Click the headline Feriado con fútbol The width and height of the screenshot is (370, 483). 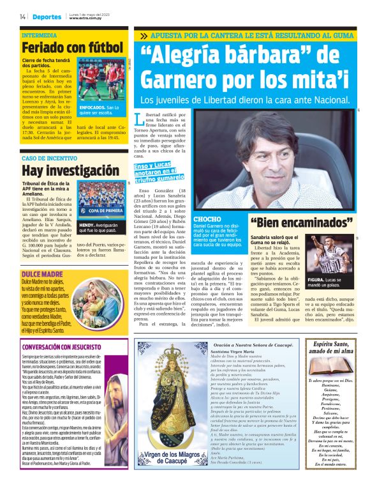coord(72,47)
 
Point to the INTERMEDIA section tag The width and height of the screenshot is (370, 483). coord(40,34)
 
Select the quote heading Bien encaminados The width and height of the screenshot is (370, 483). coord(301,222)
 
